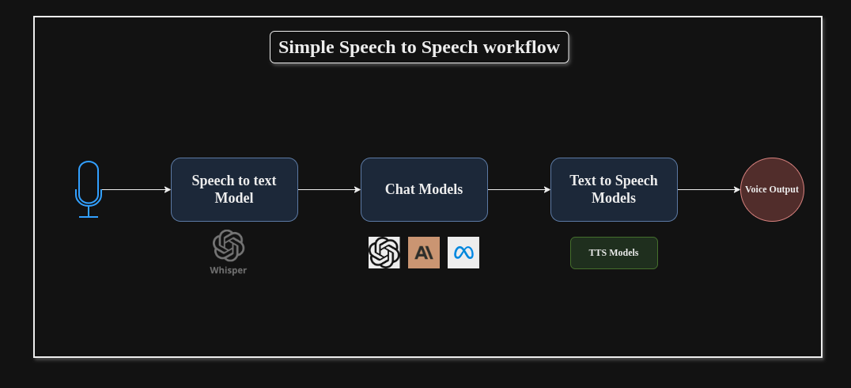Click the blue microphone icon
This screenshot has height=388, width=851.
[89, 184]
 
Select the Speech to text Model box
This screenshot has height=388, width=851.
[234, 189]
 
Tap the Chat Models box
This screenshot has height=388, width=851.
[424, 189]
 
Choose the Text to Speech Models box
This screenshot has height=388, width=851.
[614, 189]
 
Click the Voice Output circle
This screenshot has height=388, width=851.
[772, 189]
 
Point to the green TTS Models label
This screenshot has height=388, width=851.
[614, 253]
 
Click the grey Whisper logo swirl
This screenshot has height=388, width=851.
[229, 245]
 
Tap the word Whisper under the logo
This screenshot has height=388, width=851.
[229, 270]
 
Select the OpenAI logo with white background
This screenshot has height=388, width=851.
[384, 253]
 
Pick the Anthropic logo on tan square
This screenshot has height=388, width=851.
[424, 253]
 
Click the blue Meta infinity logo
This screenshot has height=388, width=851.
[463, 253]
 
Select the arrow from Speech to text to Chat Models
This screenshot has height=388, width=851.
[329, 189]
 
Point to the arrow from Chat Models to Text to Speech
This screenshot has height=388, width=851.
[519, 189]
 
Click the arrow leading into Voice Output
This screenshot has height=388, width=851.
[709, 189]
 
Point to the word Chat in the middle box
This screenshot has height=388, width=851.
[400, 189]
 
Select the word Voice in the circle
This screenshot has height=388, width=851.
[757, 189]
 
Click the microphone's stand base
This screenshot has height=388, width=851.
[89, 216]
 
